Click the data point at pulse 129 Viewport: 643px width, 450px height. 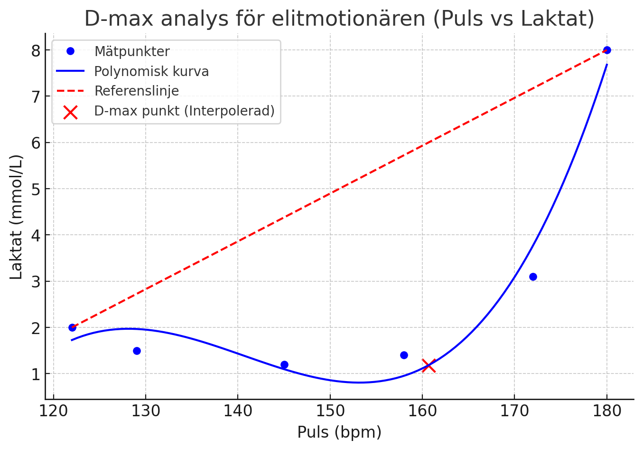[137, 351]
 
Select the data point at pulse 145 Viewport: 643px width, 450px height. [284, 364]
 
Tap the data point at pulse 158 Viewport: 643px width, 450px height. [404, 355]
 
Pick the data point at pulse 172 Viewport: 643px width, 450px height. [533, 277]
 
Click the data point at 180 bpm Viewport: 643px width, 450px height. [606, 50]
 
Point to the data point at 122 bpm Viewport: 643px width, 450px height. [72, 327]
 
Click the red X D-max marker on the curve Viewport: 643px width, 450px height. [429, 366]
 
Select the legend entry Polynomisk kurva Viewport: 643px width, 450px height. [151, 71]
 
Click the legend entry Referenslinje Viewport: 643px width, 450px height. [137, 91]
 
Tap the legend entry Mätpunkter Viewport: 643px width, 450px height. [132, 51]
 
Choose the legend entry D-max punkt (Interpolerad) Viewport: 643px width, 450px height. [184, 111]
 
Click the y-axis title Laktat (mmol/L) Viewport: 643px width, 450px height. [16, 217]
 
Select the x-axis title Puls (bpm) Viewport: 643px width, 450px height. [339, 432]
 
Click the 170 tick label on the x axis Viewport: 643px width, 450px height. [514, 411]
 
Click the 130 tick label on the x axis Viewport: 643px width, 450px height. [146, 411]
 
